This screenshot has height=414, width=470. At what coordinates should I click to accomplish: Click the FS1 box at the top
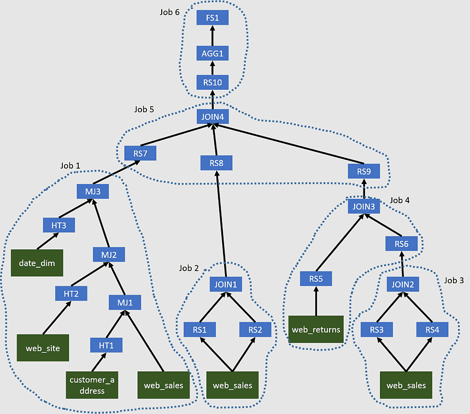pos(212,18)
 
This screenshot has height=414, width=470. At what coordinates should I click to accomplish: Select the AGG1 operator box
pos(212,53)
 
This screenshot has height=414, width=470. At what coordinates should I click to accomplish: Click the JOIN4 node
pos(212,117)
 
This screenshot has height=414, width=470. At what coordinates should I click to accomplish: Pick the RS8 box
pos(216,163)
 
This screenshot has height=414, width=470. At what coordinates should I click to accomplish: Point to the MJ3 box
pos(92,192)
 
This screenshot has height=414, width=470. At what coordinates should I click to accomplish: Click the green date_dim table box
pos(37,263)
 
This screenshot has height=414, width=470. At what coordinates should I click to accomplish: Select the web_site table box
pos(43,348)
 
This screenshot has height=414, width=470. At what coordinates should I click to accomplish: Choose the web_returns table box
pos(316,330)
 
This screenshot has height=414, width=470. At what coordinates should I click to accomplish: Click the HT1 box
pos(106,345)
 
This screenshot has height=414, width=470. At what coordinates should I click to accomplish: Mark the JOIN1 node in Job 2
pos(226,285)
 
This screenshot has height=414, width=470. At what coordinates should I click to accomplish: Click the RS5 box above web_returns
pos(316,279)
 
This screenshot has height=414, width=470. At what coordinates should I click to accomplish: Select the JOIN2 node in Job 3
pos(403,284)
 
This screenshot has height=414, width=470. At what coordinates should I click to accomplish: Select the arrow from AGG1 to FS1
pos(212,36)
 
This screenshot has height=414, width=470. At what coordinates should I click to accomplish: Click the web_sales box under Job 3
pos(406,386)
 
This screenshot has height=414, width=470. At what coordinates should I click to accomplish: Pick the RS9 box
pos(364,171)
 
